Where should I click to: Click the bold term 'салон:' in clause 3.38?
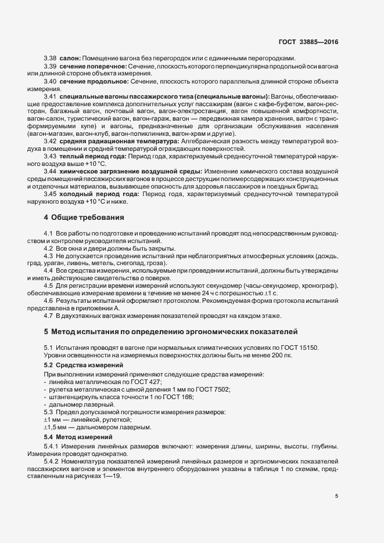coord(69,59)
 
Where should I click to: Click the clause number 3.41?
coord(50,96)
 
